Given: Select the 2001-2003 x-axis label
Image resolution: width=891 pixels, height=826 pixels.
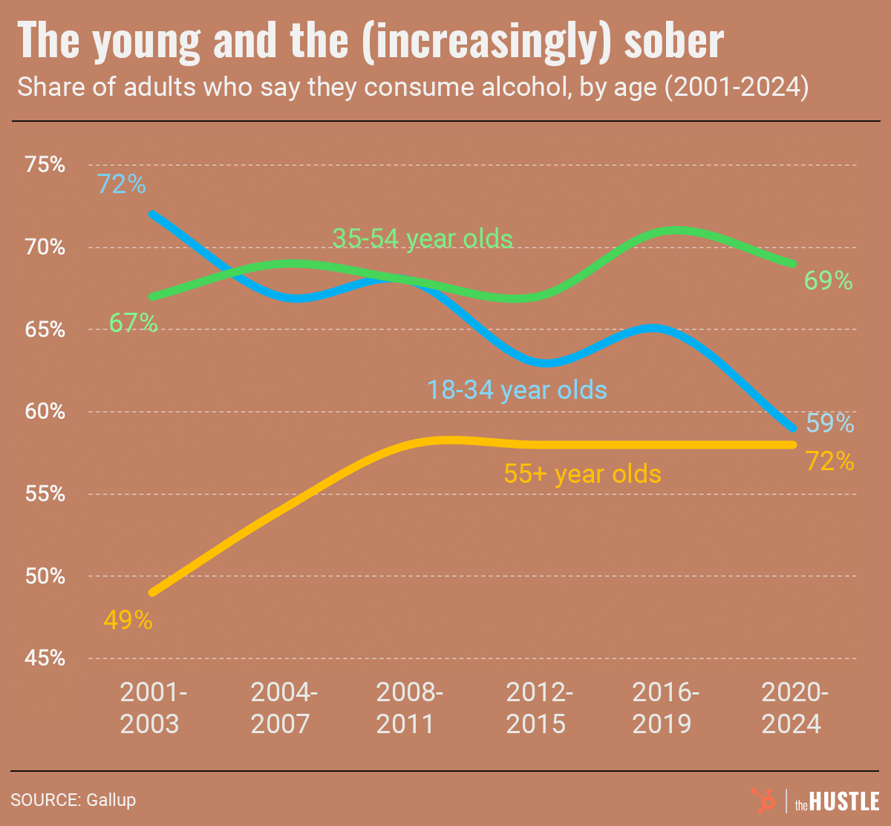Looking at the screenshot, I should tap(151, 709).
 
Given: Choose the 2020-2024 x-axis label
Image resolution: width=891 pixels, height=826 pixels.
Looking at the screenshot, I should tap(792, 709).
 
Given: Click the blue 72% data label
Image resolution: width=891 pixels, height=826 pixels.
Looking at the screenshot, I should tap(122, 184).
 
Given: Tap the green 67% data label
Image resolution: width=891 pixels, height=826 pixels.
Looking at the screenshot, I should tap(134, 324).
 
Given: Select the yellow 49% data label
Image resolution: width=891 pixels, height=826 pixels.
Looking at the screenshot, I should tap(128, 620).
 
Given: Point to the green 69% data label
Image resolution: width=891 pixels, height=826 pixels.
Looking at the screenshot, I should tap(829, 281).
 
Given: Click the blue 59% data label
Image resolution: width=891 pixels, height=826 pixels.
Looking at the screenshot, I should tap(830, 423).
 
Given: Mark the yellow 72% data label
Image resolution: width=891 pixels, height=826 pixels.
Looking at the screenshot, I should tap(830, 462).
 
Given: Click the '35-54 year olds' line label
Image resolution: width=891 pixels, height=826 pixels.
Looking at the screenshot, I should tap(422, 238).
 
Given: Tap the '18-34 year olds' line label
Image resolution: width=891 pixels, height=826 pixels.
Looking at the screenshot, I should tap(517, 390).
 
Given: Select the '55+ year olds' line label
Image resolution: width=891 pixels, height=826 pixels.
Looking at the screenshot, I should tap(582, 473).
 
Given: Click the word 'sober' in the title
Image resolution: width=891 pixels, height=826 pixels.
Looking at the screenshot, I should tap(674, 42).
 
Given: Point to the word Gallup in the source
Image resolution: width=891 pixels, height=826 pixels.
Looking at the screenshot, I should tap(111, 800).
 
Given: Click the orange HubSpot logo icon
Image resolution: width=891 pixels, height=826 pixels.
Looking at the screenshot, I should tap(761, 801).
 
